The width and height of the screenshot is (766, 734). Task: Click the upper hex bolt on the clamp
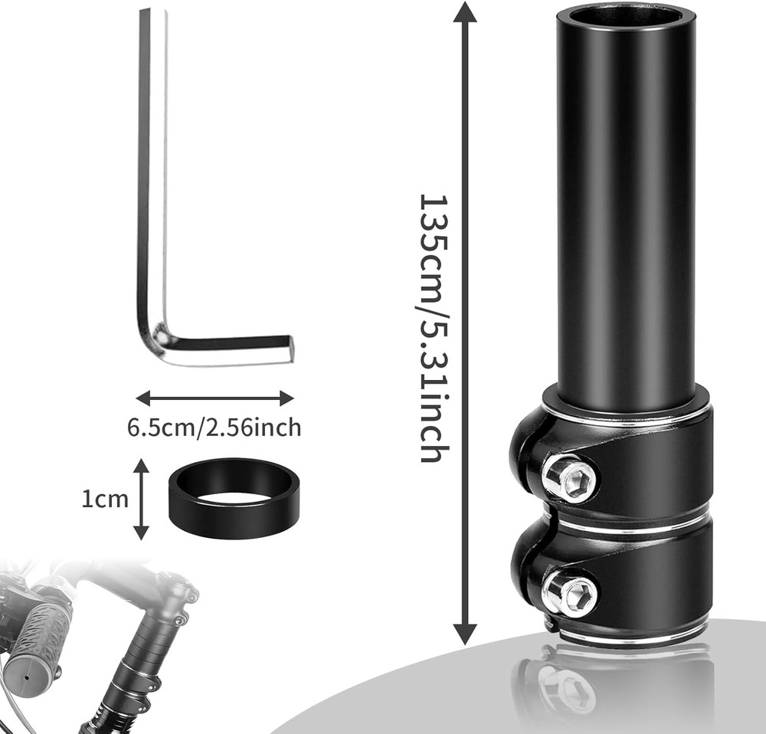(569, 478)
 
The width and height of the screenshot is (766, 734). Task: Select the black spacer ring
(231, 499)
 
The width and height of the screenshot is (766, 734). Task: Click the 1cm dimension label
(104, 500)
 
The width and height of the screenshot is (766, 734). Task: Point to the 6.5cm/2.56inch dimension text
(214, 427)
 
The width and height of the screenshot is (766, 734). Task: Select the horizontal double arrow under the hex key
(214, 398)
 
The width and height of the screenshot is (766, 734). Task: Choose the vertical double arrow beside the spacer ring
(140, 499)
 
